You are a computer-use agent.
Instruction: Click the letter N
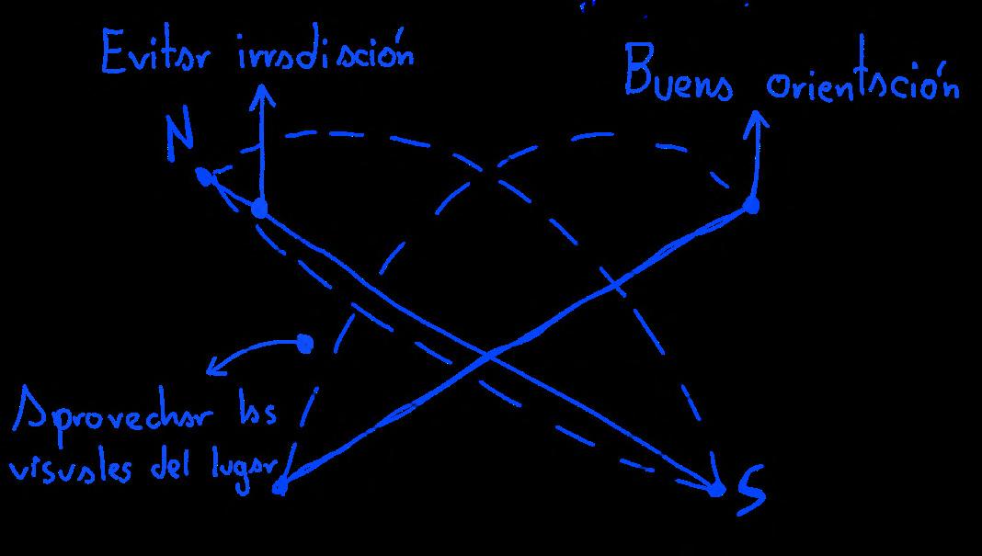pyautogui.click(x=181, y=138)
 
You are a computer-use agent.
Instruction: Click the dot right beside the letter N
pyautogui.click(x=202, y=175)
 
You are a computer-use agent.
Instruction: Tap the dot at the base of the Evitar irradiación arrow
pyautogui.click(x=260, y=209)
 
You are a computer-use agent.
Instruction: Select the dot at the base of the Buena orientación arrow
pyautogui.click(x=752, y=205)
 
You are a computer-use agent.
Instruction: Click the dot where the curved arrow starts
pyautogui.click(x=305, y=344)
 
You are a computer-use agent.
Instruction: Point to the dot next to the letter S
pyautogui.click(x=717, y=489)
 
